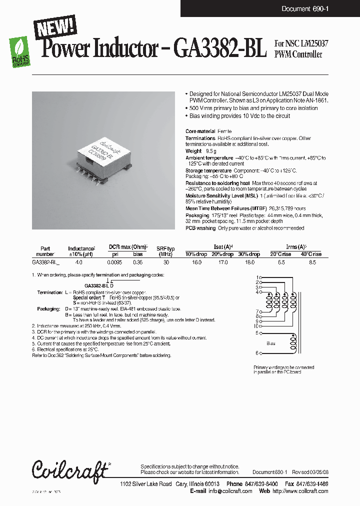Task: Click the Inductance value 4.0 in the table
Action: [79, 261]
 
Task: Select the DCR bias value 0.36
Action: [137, 261]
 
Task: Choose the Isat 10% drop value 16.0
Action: [196, 261]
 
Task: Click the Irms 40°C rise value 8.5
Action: [312, 261]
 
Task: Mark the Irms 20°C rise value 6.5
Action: [281, 261]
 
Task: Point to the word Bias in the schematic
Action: [271, 343]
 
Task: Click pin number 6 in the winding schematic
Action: [257, 353]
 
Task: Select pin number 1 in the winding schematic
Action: [257, 277]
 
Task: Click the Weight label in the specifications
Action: [193, 150]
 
